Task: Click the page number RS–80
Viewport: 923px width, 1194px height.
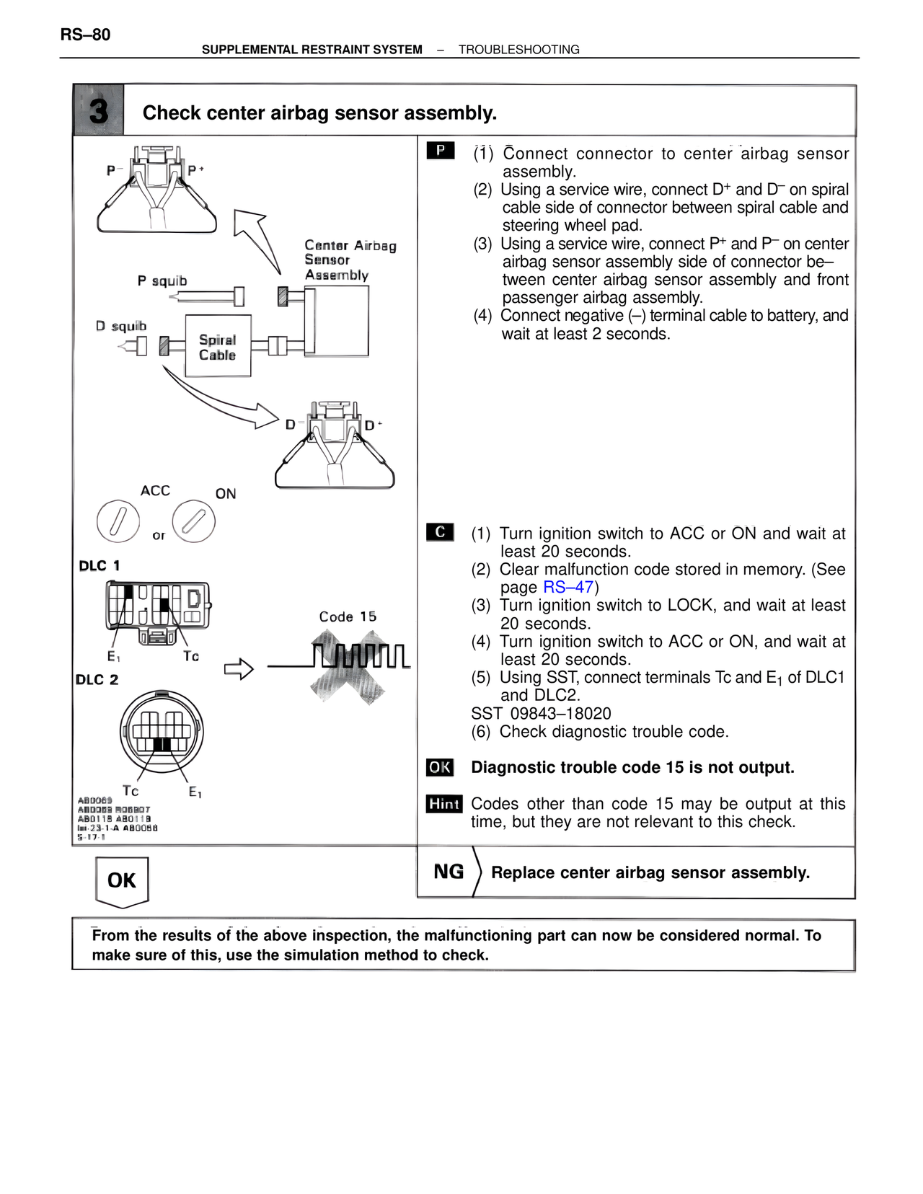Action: [x=85, y=35]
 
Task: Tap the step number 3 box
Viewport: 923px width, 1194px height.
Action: [x=99, y=111]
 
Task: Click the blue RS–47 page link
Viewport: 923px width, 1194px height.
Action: [x=568, y=588]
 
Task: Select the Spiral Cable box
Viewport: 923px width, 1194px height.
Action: [x=218, y=347]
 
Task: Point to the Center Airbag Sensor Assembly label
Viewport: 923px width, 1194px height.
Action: [x=350, y=260]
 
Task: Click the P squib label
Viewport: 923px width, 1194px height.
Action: [x=162, y=280]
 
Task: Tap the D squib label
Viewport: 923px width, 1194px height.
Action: [x=120, y=326]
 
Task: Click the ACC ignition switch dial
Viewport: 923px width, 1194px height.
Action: [x=118, y=521]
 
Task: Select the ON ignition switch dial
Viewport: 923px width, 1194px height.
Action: [x=194, y=521]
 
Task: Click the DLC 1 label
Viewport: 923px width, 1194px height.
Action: [x=99, y=566]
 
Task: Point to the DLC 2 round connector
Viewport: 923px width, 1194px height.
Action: [x=162, y=732]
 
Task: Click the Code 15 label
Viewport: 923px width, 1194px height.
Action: [x=348, y=617]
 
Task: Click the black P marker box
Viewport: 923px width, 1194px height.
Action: [x=440, y=150]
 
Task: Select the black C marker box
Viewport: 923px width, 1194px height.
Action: [x=440, y=532]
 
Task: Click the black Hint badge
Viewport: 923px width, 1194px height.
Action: [x=444, y=804]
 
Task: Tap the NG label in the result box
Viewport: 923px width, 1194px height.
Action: [x=449, y=872]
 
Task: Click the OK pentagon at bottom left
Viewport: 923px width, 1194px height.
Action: [x=122, y=880]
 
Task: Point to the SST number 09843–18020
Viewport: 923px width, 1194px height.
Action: [x=541, y=714]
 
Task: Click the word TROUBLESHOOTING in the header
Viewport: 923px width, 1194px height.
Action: [x=518, y=50]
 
